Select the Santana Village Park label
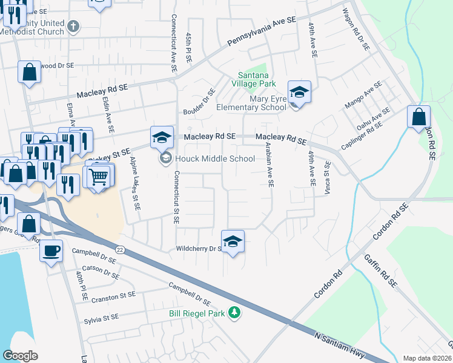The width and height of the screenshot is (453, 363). point(253,79)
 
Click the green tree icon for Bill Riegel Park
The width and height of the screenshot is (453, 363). point(234,313)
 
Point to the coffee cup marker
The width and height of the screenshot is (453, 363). point(51,250)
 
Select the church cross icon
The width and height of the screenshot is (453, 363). point(73,26)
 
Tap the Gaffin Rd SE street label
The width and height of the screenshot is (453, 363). point(389,270)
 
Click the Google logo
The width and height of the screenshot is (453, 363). point(20,355)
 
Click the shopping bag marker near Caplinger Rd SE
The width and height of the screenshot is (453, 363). point(418,117)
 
